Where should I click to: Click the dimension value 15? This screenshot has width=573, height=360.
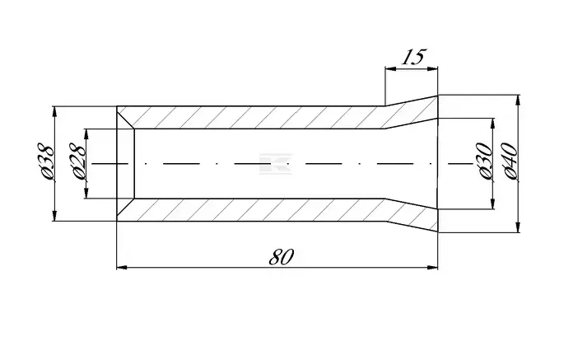[413, 57]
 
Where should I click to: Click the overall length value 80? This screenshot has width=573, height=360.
[281, 257]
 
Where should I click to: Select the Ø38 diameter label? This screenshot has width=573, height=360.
[46, 161]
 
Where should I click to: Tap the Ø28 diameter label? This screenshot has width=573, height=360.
[77, 161]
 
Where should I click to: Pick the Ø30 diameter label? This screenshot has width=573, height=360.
[485, 162]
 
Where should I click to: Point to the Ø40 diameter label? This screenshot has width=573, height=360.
[510, 161]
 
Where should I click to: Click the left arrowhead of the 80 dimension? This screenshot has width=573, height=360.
[122, 268]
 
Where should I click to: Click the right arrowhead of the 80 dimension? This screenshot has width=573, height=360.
[433, 268]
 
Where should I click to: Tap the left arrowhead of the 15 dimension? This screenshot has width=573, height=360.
[390, 68]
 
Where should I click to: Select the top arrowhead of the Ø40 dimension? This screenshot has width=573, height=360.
[518, 101]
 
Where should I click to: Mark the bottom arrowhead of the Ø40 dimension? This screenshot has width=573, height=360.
[518, 227]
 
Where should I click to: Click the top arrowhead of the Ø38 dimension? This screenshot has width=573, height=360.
[55, 111]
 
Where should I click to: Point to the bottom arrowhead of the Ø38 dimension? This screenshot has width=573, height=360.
[55, 216]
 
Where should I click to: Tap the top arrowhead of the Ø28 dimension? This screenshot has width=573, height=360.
[86, 134]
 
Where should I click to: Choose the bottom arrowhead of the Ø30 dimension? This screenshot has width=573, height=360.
[493, 204]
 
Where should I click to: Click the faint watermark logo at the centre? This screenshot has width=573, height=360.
[275, 164]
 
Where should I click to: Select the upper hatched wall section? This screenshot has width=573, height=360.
[277, 116]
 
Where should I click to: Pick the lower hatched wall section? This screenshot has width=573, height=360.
[277, 211]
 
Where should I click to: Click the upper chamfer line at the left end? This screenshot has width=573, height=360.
[126, 117]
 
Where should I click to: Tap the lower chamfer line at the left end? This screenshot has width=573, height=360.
[126, 210]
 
